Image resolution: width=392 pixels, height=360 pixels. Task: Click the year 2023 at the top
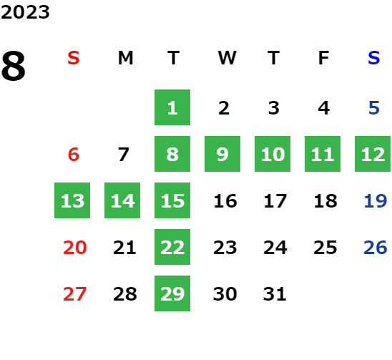click(x=25, y=12)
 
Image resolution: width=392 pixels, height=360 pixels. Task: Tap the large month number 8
click(x=14, y=66)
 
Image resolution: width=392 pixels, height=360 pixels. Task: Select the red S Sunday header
click(x=74, y=58)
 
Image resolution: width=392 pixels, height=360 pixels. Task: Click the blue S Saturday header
click(x=373, y=58)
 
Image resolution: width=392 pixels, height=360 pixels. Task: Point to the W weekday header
click(x=227, y=58)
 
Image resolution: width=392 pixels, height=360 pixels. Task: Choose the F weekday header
click(x=323, y=58)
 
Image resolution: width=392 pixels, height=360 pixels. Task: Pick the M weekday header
click(x=125, y=58)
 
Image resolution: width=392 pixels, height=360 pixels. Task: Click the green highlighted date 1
click(x=172, y=107)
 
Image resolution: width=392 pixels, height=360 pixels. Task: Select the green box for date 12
click(x=373, y=154)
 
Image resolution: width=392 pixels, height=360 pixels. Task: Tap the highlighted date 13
click(x=72, y=200)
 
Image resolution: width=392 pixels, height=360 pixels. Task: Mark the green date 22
click(x=172, y=247)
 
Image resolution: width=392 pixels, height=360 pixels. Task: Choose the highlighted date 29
click(x=172, y=293)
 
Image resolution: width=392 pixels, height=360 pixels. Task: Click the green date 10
click(x=273, y=154)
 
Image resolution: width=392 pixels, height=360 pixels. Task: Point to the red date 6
click(x=74, y=155)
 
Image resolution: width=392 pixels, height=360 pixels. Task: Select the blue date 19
click(x=376, y=201)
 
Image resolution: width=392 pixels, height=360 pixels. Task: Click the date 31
click(x=275, y=294)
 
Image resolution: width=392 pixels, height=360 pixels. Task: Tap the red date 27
click(x=74, y=294)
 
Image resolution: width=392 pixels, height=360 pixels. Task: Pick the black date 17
click(x=275, y=201)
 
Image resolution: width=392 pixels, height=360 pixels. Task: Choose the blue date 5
click(x=374, y=108)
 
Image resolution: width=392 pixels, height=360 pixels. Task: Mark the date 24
click(x=275, y=248)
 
